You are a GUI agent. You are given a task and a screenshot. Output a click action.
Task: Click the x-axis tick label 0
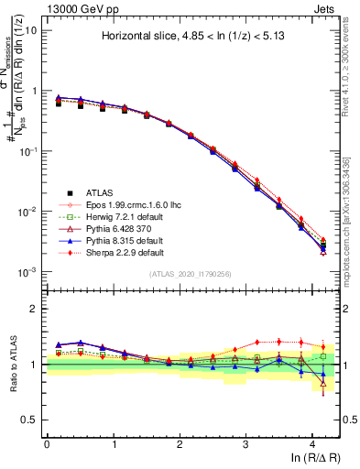(x=47, y=443)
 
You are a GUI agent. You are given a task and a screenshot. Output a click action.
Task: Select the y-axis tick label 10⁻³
(x=29, y=272)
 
